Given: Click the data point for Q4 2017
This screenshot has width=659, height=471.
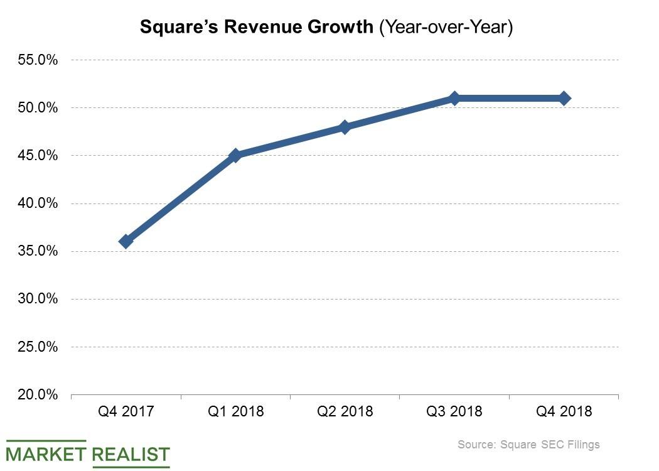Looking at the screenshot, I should click(x=126, y=241).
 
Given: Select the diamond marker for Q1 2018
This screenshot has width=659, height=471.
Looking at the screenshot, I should click(x=235, y=155).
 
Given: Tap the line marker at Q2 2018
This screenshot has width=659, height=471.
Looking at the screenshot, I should click(x=345, y=127).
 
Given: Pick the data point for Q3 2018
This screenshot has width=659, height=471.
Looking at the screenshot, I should click(x=454, y=98).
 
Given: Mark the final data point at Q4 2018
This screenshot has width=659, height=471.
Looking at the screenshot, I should click(x=564, y=98).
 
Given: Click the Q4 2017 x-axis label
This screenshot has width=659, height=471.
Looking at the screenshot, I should click(x=126, y=412).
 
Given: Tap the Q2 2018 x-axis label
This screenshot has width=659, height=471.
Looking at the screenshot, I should click(x=345, y=412).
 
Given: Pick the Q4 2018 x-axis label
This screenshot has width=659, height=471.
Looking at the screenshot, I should click(x=564, y=412).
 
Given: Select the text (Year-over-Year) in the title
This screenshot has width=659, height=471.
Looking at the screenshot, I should click(x=446, y=28).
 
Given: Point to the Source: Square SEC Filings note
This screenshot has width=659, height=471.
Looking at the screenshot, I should click(x=528, y=445).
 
